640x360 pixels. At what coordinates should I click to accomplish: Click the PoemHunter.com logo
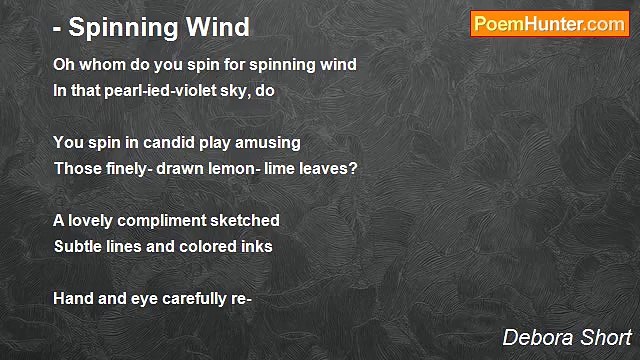point(549,24)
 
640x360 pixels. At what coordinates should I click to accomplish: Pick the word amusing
point(269,143)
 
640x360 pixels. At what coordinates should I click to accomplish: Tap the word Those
point(76,168)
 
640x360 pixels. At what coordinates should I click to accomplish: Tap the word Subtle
point(77,246)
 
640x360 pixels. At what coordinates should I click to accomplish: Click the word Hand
point(73,298)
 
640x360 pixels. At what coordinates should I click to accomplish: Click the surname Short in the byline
point(605,336)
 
